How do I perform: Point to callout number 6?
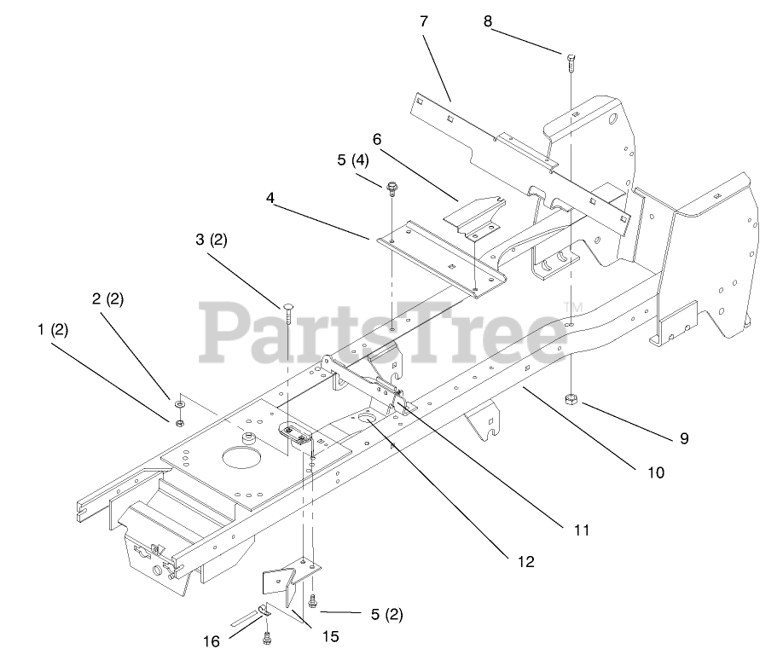click(x=376, y=138)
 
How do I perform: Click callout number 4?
click(x=270, y=197)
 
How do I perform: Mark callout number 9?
click(x=684, y=439)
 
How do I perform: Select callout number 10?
click(x=656, y=472)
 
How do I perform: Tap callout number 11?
click(x=582, y=530)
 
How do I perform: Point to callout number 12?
click(x=525, y=562)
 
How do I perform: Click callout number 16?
click(x=212, y=640)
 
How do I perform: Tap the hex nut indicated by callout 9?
click(x=570, y=399)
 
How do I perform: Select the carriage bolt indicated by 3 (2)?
click(x=288, y=312)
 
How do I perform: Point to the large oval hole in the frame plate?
click(x=241, y=457)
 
